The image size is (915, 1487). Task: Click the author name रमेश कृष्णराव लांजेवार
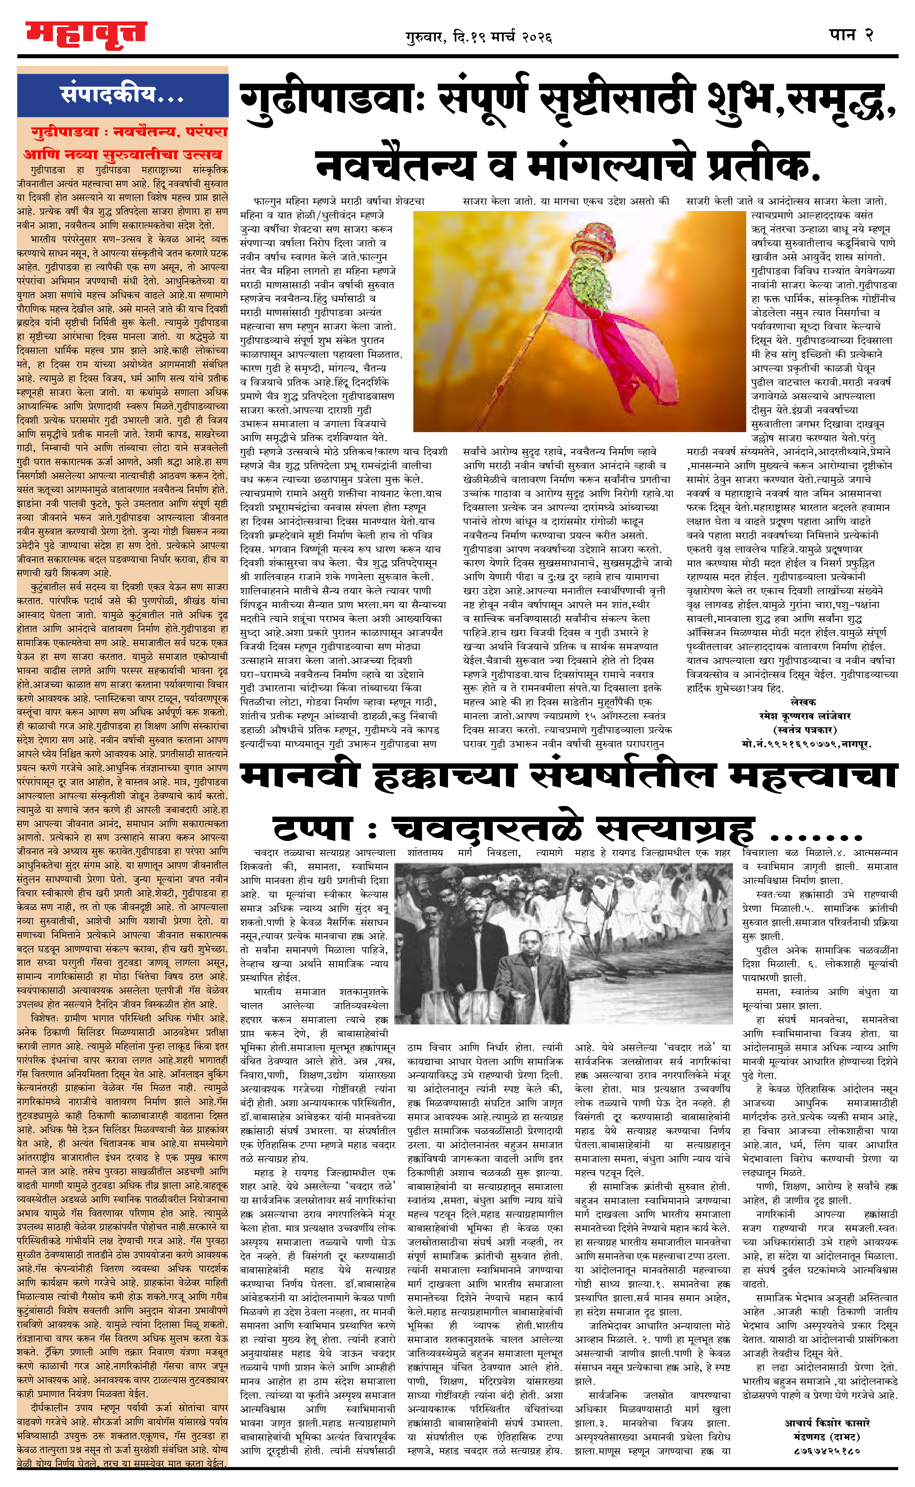pyautogui.click(x=805, y=716)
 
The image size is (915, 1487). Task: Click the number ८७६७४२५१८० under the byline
pyautogui.click(x=827, y=1451)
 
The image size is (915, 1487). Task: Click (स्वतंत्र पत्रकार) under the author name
pyautogui.click(x=805, y=730)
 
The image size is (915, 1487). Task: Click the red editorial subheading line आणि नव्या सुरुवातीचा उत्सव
pyautogui.click(x=123, y=155)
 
